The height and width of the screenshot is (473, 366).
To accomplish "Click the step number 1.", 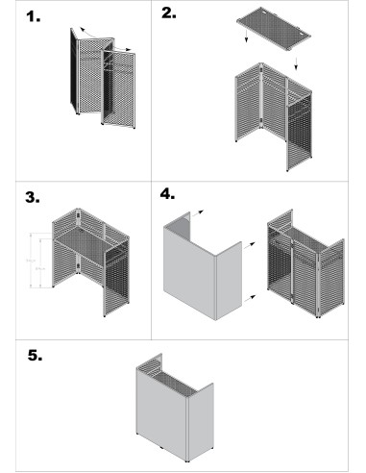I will tap(34, 17).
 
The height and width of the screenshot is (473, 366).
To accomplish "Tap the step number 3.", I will tap(34, 198).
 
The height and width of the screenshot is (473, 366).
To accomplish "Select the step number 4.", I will tap(168, 193).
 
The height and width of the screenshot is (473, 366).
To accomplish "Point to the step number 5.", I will tap(35, 355).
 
